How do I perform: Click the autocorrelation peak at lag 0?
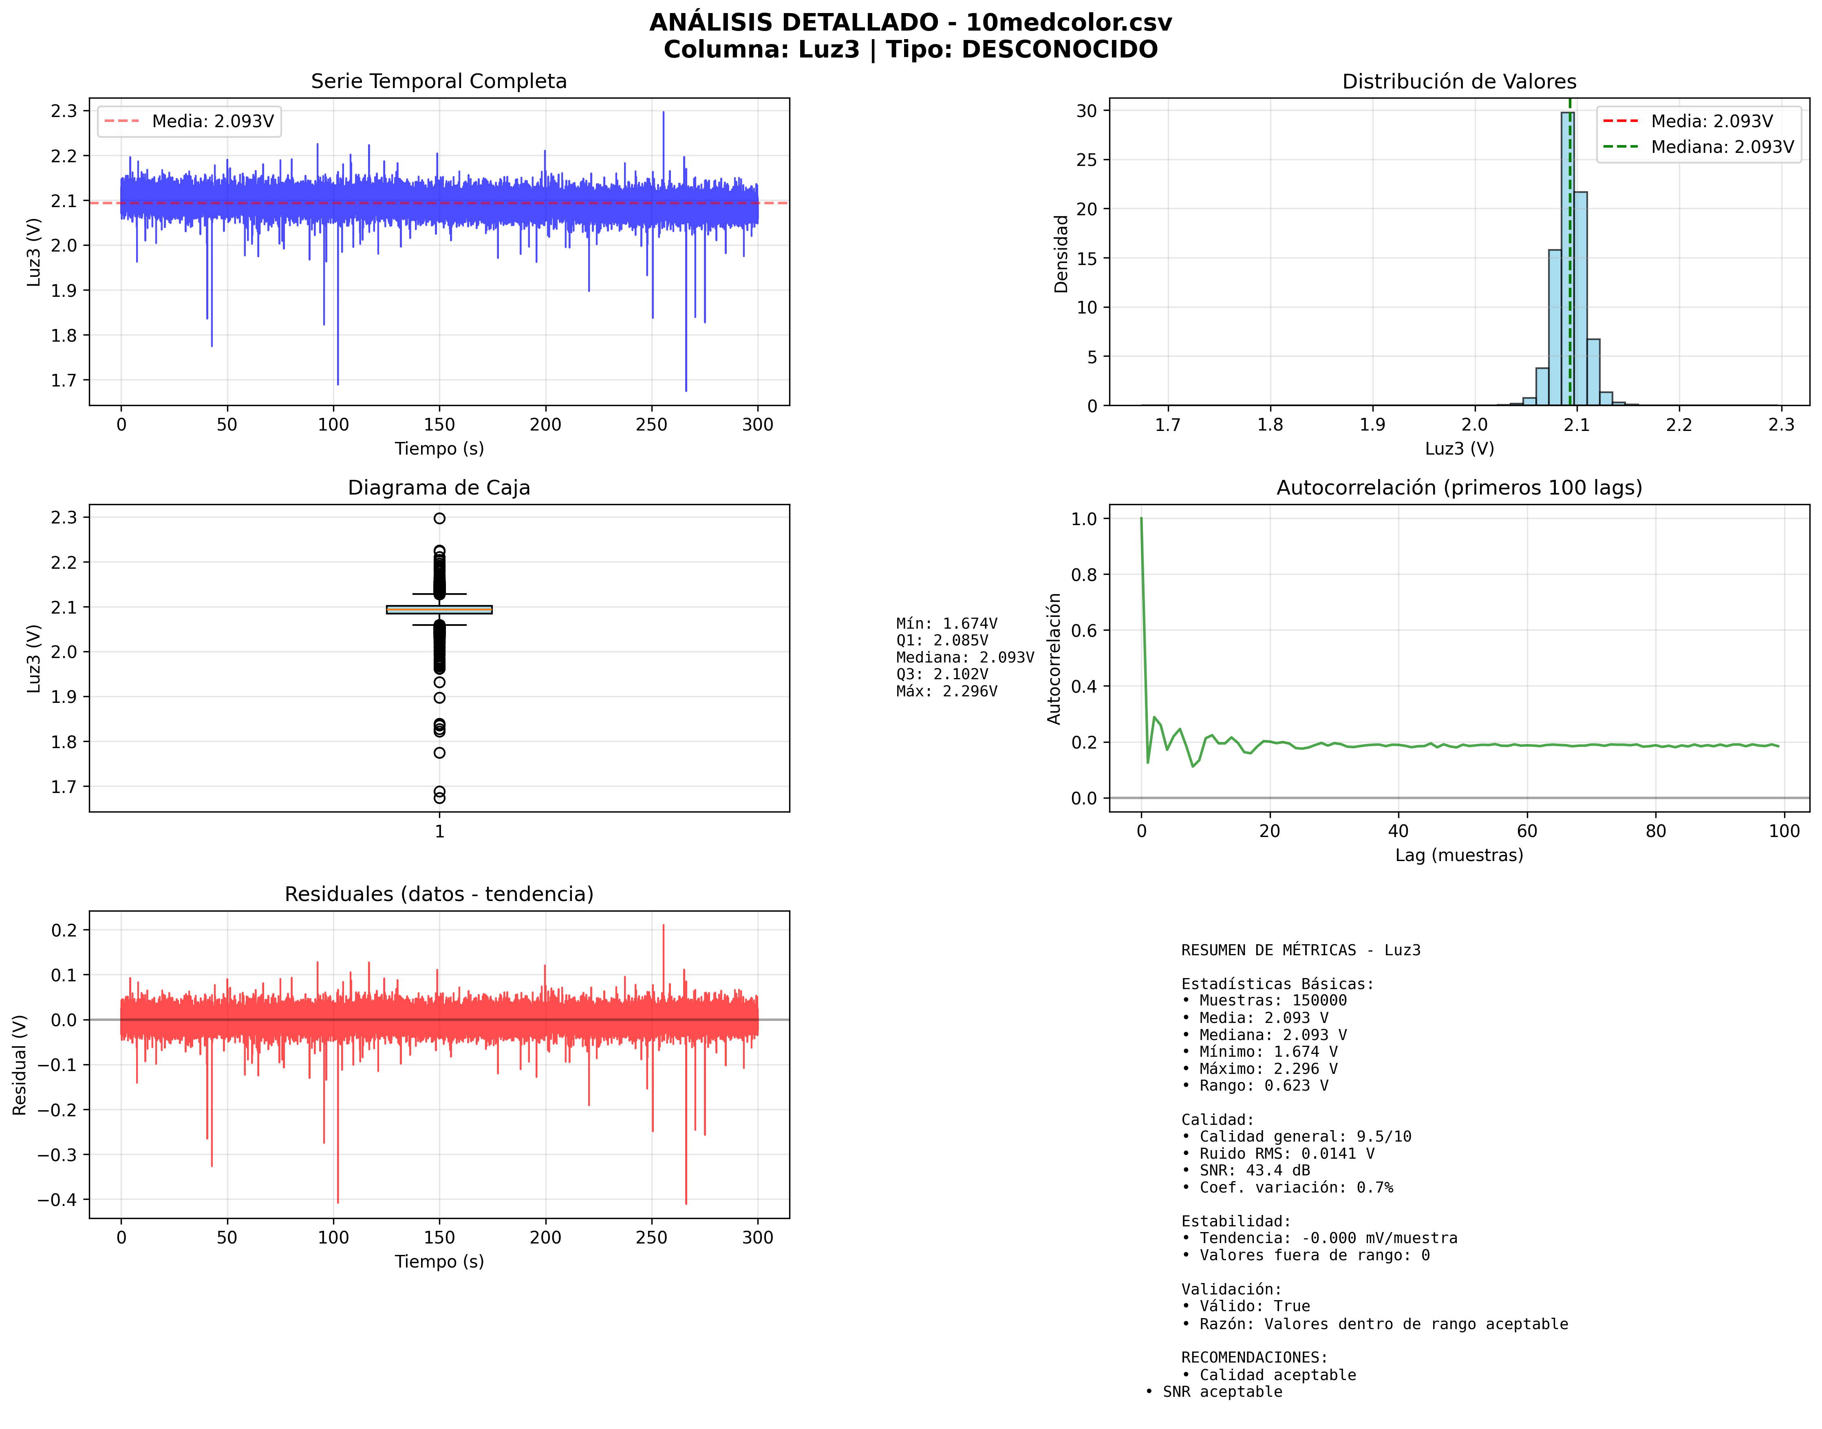point(1141,519)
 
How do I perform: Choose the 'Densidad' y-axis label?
point(1061,254)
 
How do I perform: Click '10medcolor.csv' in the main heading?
point(1068,22)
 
